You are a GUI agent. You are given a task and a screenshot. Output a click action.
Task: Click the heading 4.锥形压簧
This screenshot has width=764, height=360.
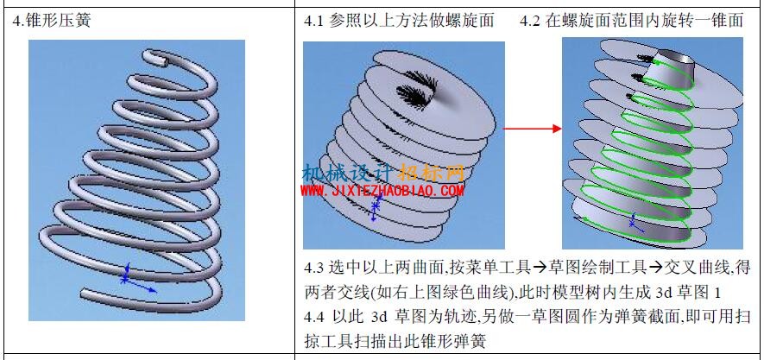click(x=51, y=21)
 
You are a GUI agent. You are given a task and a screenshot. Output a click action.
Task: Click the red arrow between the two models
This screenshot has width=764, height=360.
click(x=532, y=129)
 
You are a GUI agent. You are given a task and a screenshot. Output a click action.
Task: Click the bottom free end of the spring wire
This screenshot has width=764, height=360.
click(x=85, y=294)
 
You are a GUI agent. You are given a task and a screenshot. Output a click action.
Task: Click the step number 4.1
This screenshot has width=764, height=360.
click(x=314, y=21)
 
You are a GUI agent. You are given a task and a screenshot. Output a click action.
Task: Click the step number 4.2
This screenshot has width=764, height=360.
click(x=530, y=21)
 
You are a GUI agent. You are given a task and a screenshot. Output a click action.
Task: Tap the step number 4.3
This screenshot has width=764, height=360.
click(x=314, y=268)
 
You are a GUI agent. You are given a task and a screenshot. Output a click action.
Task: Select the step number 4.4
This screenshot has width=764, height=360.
click(x=314, y=317)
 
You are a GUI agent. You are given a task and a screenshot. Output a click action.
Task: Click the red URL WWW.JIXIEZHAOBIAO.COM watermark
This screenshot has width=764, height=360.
click(x=382, y=191)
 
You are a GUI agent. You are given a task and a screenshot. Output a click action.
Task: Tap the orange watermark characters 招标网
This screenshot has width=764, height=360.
click(x=432, y=173)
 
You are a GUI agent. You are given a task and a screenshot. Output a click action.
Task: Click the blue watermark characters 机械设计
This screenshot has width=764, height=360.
click(x=350, y=173)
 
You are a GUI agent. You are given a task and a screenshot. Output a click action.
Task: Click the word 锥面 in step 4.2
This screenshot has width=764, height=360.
click(x=729, y=21)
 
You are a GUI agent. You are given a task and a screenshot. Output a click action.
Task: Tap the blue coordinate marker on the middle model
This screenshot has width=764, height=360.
click(x=375, y=207)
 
